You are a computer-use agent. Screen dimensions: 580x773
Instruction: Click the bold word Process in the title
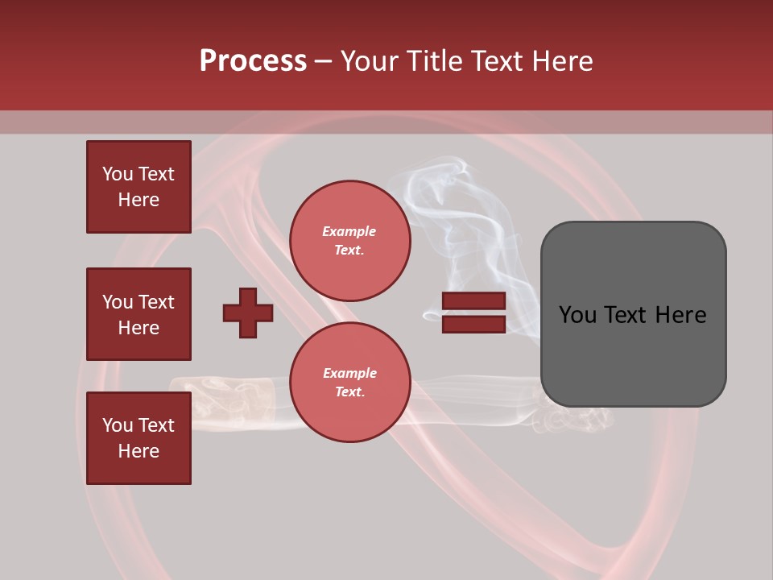pyautogui.click(x=253, y=61)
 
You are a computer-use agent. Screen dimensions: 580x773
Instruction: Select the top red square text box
pyautogui.click(x=138, y=187)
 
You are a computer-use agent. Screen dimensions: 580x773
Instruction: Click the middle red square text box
pyautogui.click(x=138, y=314)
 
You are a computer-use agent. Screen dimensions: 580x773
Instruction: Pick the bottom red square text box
pyautogui.click(x=138, y=438)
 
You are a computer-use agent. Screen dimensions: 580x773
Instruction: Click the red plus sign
pyautogui.click(x=248, y=313)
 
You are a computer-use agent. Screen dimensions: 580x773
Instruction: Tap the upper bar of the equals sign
pyautogui.click(x=473, y=301)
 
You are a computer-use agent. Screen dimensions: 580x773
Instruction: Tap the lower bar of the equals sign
pyautogui.click(x=473, y=324)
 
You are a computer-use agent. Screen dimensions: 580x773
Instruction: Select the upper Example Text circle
pyautogui.click(x=350, y=241)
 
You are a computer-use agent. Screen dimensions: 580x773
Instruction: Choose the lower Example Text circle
pyautogui.click(x=350, y=383)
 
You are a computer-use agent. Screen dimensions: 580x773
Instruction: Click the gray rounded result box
pyautogui.click(x=633, y=314)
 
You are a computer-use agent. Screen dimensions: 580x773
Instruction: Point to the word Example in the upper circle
pyautogui.click(x=349, y=232)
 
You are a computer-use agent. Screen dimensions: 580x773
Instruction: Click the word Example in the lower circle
pyautogui.click(x=349, y=374)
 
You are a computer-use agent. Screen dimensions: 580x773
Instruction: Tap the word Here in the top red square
pyautogui.click(x=138, y=201)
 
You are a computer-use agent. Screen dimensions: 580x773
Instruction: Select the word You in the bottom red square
pyautogui.click(x=118, y=425)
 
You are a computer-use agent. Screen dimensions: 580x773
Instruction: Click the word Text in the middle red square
pyautogui.click(x=156, y=302)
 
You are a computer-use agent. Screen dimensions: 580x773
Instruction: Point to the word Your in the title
pyautogui.click(x=369, y=61)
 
